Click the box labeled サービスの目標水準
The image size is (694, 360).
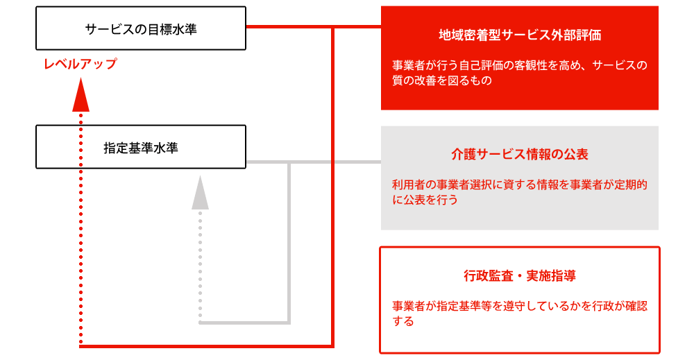tap(141, 28)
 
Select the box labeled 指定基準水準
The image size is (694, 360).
tap(141, 147)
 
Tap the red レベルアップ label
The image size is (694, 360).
tap(80, 64)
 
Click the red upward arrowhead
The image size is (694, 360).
tap(81, 94)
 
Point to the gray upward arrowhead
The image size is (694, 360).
tap(200, 192)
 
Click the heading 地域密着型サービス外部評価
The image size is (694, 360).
tap(520, 35)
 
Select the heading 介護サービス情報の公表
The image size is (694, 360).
tap(520, 155)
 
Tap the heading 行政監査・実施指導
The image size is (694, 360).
tap(520, 276)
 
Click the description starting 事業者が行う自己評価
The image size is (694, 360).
tap(520, 73)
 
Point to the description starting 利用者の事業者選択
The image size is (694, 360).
tap(520, 192)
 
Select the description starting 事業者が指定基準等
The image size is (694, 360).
tap(520, 314)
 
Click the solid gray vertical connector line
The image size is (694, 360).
tap(289, 242)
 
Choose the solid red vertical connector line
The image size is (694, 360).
tap(332, 187)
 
